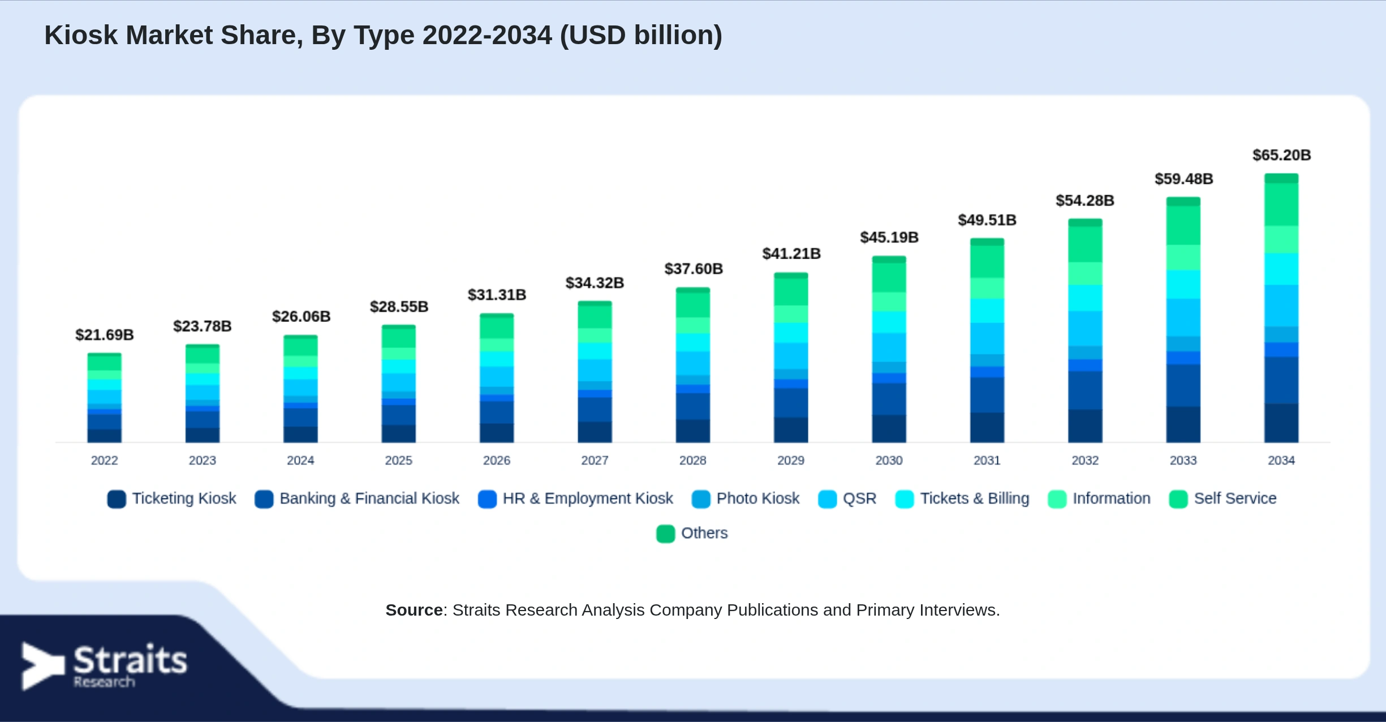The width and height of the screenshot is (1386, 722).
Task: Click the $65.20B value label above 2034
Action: coord(1281,155)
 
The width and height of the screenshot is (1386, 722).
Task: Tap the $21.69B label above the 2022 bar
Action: coord(105,335)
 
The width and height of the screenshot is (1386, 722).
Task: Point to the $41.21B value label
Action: coord(791,253)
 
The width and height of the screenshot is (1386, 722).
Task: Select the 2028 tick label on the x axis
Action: coord(693,461)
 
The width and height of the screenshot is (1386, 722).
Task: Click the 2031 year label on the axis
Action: coord(987,461)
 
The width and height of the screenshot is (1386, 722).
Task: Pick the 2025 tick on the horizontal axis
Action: coord(399,461)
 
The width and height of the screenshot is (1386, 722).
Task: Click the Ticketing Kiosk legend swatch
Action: coord(117,499)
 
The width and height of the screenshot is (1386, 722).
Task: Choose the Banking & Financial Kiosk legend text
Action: coord(369,498)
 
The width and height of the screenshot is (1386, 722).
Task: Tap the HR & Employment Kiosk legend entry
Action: coord(575,498)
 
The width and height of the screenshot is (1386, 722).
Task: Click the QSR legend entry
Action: coord(847,498)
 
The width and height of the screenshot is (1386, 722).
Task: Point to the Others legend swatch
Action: coord(666,534)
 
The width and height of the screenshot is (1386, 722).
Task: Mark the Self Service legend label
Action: coord(1236,498)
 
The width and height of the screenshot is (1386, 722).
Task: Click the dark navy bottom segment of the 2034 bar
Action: coord(1281,423)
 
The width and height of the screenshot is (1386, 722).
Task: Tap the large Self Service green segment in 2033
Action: coord(1183,225)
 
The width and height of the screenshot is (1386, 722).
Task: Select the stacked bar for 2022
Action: coord(105,398)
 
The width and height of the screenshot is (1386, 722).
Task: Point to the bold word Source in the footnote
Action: coord(414,610)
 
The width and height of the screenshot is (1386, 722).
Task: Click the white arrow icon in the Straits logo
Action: coord(42,666)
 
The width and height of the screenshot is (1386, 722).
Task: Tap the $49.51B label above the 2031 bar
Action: coord(987,220)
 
